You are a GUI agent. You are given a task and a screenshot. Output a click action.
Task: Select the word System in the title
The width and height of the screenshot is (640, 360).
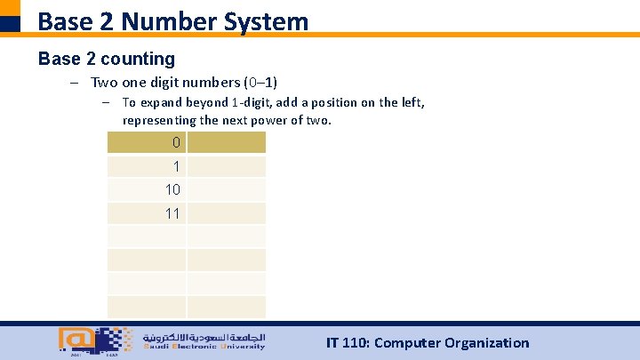[267, 20]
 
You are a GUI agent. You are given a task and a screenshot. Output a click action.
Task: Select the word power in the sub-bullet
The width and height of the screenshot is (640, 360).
[265, 120]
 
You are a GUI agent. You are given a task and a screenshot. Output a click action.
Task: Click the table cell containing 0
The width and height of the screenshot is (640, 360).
[147, 143]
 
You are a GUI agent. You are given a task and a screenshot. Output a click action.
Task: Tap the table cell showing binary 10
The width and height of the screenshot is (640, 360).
[147, 190]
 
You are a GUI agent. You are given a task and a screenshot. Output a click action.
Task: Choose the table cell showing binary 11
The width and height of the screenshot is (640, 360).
[147, 213]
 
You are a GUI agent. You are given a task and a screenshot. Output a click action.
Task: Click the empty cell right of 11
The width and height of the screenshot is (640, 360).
[226, 213]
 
